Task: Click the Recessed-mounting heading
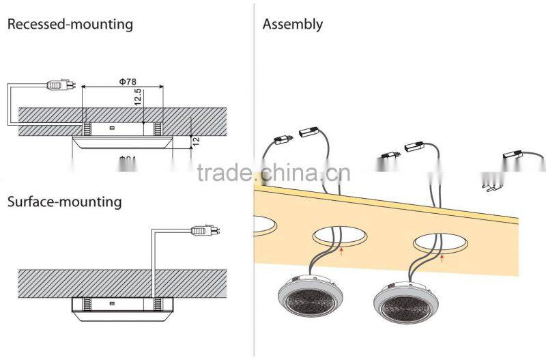[x=70, y=25]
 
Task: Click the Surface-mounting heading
[x=64, y=202]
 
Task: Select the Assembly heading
[x=292, y=25]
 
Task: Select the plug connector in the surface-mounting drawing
[x=201, y=231]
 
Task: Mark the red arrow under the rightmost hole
[x=442, y=258]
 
